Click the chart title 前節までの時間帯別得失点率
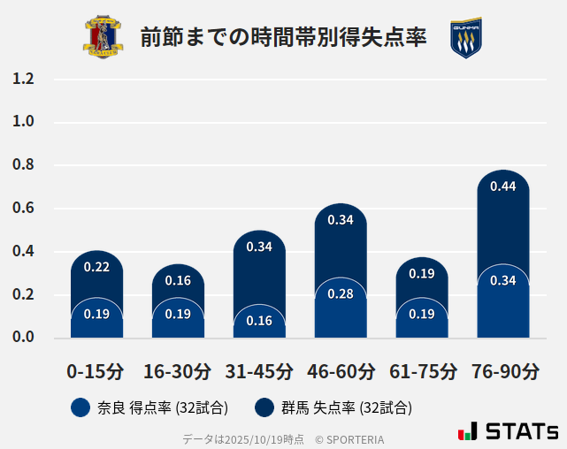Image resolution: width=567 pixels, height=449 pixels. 283,38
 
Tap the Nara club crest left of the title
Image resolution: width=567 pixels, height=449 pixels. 103,38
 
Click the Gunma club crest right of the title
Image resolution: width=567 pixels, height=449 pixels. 465,38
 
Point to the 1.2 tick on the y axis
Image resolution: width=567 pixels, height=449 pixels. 23,79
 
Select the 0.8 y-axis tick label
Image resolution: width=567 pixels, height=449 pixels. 23,165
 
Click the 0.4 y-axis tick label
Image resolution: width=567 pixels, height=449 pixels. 23,252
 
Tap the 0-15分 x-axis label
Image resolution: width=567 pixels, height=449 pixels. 96,371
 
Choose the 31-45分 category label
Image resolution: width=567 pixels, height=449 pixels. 259,371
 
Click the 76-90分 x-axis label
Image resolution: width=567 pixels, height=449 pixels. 504,371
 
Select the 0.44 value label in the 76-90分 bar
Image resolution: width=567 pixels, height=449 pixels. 502,186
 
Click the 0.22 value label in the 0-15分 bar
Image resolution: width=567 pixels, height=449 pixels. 96,267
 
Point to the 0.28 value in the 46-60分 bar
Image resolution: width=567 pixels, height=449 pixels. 341,293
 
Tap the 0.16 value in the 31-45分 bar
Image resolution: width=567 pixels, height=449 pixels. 259,321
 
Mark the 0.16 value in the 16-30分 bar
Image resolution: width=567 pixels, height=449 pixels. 178,280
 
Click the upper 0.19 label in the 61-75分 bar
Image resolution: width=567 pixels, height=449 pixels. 422,274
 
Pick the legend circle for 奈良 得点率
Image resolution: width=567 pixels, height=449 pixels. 80,407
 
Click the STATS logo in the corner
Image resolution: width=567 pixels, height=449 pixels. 508,432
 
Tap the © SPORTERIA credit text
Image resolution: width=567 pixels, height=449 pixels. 349,438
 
